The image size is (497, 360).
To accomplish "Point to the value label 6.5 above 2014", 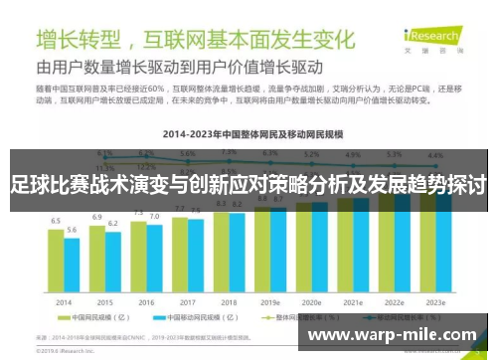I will [56, 220].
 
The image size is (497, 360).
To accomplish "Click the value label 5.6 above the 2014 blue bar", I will [72, 230].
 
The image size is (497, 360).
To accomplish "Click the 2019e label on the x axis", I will [270, 301].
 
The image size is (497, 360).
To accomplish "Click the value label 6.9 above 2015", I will [96, 216].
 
